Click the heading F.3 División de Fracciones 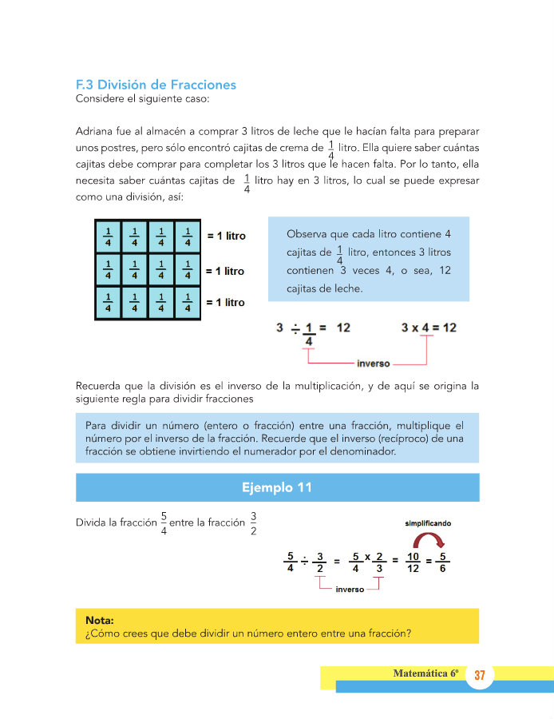click(x=156, y=85)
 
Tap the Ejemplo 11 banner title click(x=277, y=487)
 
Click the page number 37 click(x=480, y=676)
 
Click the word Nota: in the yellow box click(x=100, y=620)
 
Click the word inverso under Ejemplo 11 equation click(x=350, y=590)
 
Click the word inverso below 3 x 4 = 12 click(x=374, y=363)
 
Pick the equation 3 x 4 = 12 click(x=428, y=328)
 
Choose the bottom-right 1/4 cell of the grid click(x=188, y=302)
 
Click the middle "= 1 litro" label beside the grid click(x=225, y=272)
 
